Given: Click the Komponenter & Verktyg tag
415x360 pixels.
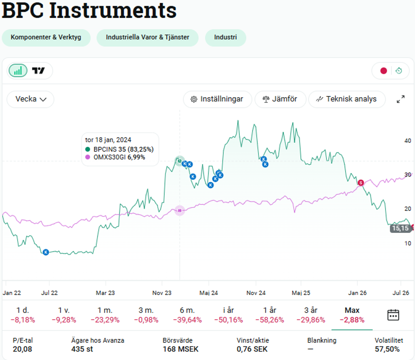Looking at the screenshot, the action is (46, 37).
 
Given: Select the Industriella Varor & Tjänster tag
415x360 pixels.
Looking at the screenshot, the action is (148, 37).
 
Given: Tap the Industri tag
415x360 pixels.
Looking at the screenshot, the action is (225, 37).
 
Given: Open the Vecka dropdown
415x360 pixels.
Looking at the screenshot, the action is (30, 99).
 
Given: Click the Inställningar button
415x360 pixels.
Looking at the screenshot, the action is (217, 99).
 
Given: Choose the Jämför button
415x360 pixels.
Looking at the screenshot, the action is (280, 99).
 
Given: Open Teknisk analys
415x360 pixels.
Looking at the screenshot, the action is (347, 99).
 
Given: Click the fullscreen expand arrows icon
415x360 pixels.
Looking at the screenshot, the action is (401, 99).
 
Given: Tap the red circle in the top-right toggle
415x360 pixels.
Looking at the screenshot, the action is (383, 71).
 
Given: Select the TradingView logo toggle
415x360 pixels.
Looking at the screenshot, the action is (38, 71).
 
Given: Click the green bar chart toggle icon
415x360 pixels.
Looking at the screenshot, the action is (18, 71).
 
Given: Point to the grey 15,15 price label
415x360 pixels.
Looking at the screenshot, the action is (401, 228).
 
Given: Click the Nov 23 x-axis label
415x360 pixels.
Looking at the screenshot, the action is (162, 293).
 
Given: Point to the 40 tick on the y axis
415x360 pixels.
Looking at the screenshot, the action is (408, 141).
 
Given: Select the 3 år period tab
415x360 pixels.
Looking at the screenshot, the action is (311, 315).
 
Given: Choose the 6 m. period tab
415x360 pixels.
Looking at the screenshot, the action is (188, 315).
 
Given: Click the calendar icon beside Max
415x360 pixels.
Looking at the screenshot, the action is (393, 315).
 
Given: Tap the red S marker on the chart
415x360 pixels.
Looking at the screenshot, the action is (361, 183).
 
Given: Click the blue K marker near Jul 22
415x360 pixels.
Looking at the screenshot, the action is (46, 252).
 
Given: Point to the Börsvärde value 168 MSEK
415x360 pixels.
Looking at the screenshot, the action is (180, 349).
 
